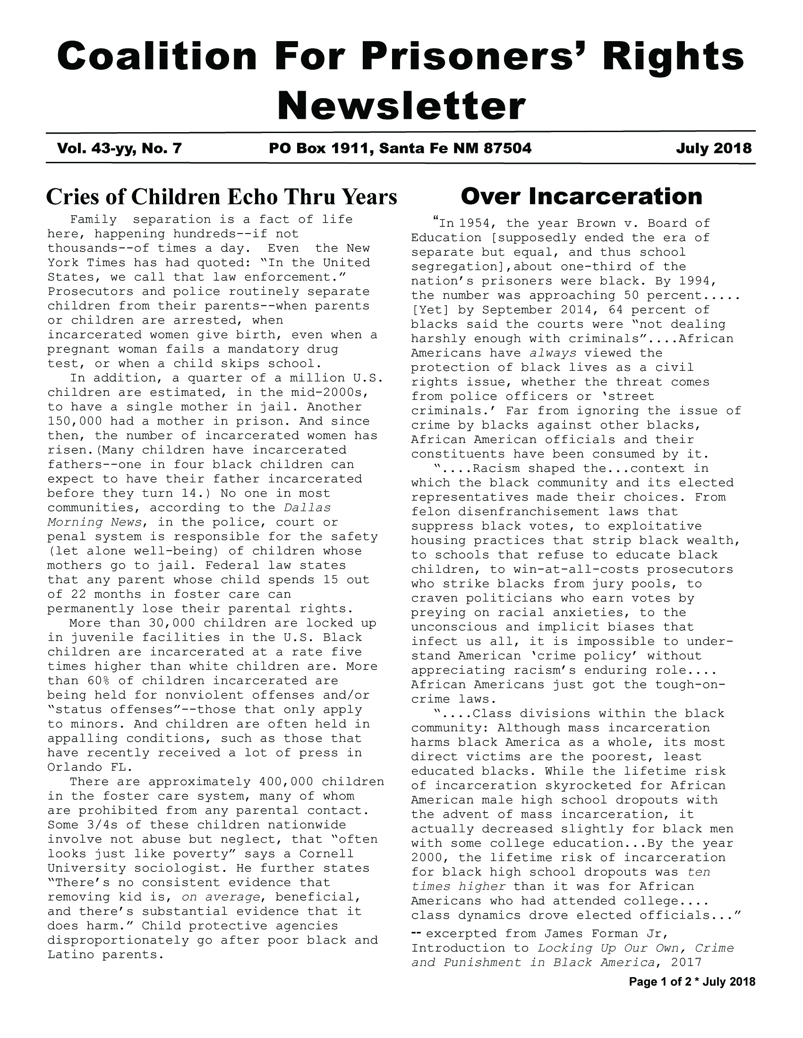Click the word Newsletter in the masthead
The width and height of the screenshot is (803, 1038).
click(x=401, y=107)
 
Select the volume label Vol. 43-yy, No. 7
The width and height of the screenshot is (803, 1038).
click(x=119, y=149)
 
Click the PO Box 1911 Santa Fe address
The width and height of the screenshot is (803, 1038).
click(x=400, y=149)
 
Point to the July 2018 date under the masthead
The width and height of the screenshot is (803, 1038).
click(x=714, y=149)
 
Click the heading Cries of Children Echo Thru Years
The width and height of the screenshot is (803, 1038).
click(x=221, y=197)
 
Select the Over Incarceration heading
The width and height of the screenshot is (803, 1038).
click(x=581, y=196)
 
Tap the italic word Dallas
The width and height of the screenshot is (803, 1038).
click(x=307, y=508)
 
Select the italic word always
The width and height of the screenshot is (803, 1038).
click(x=553, y=353)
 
